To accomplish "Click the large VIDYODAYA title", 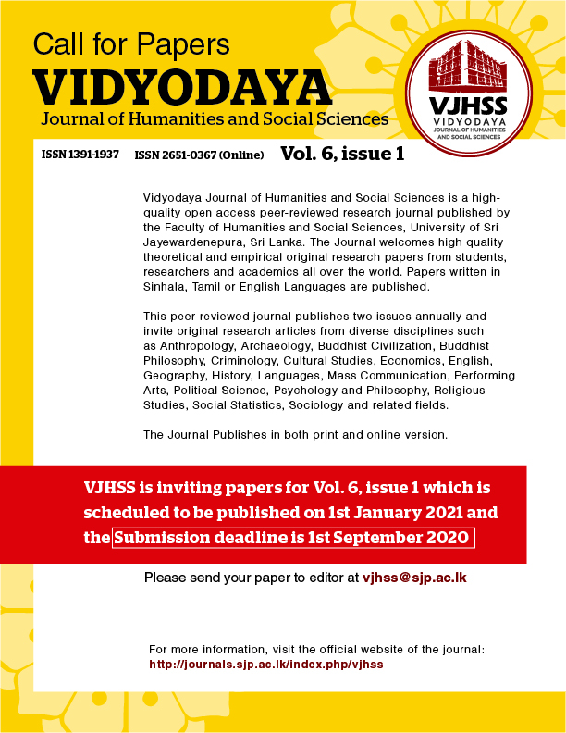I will [182, 88].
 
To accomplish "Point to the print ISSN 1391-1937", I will [80, 155].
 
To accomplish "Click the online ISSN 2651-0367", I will [200, 155].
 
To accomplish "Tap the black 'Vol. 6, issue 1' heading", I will [342, 154].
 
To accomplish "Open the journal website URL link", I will [265, 665].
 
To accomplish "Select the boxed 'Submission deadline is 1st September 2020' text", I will [293, 538].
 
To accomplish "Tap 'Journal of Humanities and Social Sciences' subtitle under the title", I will [214, 119].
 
